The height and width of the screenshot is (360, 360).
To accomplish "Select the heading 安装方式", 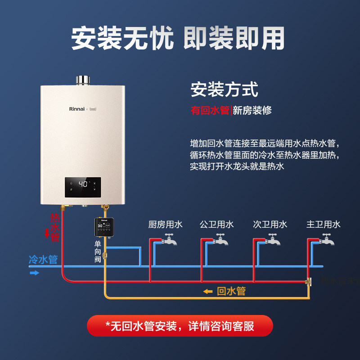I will [x=224, y=89].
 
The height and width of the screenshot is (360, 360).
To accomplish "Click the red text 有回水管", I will [x=210, y=110].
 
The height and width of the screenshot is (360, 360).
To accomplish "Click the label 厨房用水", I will [x=165, y=224].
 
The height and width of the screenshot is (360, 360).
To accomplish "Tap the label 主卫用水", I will [x=323, y=224].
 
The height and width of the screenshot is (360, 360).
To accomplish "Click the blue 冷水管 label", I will [x=43, y=260].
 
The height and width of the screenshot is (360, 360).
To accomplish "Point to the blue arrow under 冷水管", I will [x=34, y=272].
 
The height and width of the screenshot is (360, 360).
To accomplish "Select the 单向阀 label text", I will [x=98, y=251].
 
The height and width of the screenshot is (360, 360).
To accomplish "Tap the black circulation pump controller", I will [x=103, y=227].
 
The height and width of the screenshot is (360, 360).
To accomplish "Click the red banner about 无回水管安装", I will [x=180, y=326].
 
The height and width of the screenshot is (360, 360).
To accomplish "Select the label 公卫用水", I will [x=217, y=224].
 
